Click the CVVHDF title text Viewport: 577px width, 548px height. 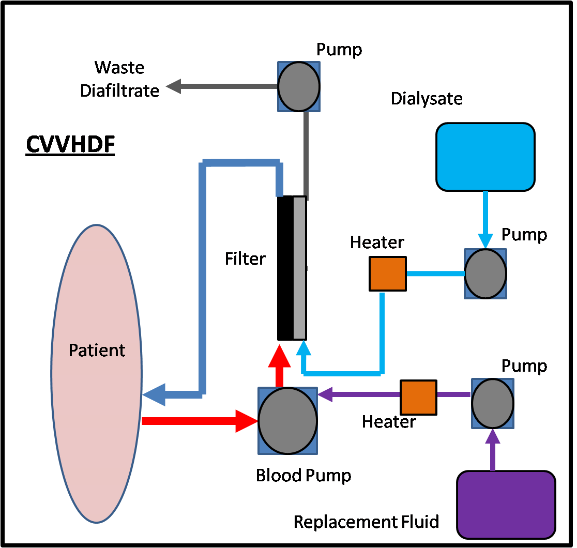pyautogui.click(x=70, y=145)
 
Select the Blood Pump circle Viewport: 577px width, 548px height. pyautogui.click(x=288, y=421)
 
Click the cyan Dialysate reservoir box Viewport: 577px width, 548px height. pyautogui.click(x=485, y=157)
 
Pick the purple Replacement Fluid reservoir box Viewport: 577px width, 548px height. pyautogui.click(x=506, y=505)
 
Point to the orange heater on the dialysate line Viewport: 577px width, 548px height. pyautogui.click(x=387, y=273)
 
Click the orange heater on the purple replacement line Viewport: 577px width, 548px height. pyautogui.click(x=418, y=398)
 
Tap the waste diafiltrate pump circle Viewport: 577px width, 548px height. pyautogui.click(x=299, y=86)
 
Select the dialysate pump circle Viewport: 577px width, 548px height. pyautogui.click(x=485, y=273)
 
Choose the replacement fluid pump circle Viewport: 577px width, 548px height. pyautogui.click(x=493, y=403)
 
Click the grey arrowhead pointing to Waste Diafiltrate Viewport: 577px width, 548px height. pyautogui.click(x=173, y=86)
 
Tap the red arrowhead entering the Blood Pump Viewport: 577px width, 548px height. pyautogui.click(x=247, y=421)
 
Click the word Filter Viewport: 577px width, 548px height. pyautogui.click(x=245, y=258)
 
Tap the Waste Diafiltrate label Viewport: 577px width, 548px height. pyautogui.click(x=119, y=79)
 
